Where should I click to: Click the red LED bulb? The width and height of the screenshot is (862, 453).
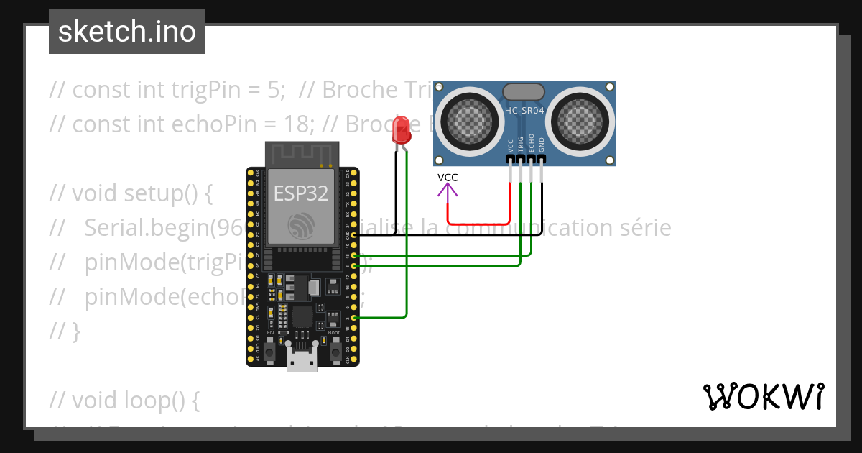click(x=401, y=130)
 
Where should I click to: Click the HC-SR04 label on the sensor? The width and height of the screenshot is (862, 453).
click(x=524, y=111)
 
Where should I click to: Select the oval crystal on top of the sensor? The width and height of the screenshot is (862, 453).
click(x=524, y=91)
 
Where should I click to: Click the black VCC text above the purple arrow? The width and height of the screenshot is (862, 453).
click(x=448, y=178)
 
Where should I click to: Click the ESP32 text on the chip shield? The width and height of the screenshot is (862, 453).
click(x=301, y=193)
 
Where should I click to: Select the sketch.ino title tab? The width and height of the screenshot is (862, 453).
click(x=127, y=32)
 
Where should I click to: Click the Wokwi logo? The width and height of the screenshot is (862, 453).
click(x=763, y=396)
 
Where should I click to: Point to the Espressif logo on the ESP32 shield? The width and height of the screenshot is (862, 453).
click(x=302, y=226)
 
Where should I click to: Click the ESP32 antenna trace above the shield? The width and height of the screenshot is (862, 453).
click(x=302, y=153)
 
